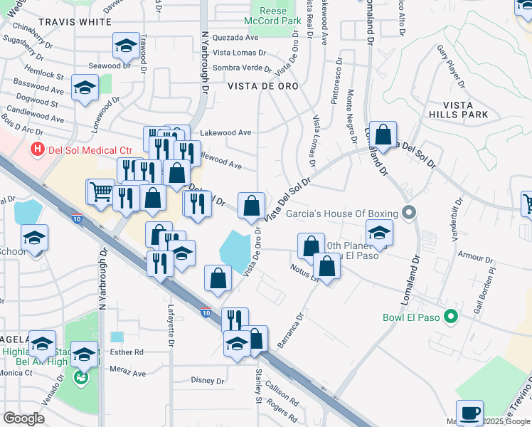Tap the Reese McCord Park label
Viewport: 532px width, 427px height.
click(273, 16)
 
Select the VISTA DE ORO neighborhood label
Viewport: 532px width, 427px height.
click(262, 85)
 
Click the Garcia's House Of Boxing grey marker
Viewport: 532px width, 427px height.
click(408, 213)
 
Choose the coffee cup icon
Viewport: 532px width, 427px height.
click(469, 412)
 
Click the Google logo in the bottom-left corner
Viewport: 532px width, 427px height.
click(23, 418)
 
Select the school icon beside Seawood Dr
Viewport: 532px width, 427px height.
click(126, 46)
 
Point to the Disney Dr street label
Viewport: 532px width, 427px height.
click(208, 381)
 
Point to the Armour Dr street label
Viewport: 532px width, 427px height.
click(471, 255)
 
